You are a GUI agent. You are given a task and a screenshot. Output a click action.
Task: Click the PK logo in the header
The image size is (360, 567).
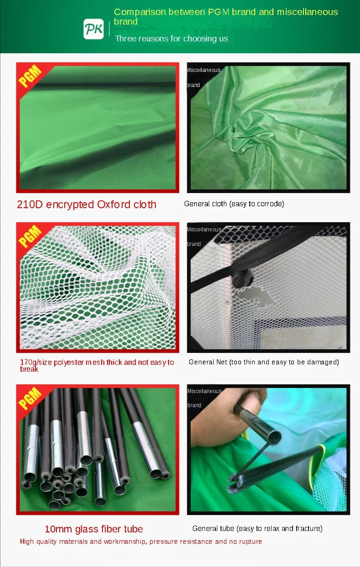(x=93, y=29)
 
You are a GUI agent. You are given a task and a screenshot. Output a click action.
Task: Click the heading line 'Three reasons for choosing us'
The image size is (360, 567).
(x=171, y=39)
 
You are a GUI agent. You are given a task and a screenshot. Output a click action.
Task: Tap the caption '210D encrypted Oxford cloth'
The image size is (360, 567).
(x=87, y=204)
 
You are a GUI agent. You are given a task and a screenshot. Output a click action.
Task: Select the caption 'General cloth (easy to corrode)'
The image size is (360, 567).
(x=234, y=204)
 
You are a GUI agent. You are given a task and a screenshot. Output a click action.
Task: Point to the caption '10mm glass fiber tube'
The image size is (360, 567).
(x=94, y=529)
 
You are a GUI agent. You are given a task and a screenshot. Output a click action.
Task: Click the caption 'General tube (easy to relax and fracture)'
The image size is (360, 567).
(x=257, y=528)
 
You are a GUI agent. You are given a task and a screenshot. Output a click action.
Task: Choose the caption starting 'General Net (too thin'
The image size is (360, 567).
(x=263, y=362)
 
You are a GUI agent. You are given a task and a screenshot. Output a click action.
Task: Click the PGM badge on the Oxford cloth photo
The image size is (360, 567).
(x=31, y=76)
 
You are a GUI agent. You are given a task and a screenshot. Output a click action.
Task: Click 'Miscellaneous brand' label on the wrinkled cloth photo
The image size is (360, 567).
(x=203, y=77)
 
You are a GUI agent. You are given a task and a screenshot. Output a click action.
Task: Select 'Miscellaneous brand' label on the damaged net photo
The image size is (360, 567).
(x=204, y=236)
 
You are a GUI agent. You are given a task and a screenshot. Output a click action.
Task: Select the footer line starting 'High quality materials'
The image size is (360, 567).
(x=141, y=541)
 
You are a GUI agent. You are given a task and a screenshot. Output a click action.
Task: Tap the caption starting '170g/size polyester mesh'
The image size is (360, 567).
(x=97, y=365)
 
